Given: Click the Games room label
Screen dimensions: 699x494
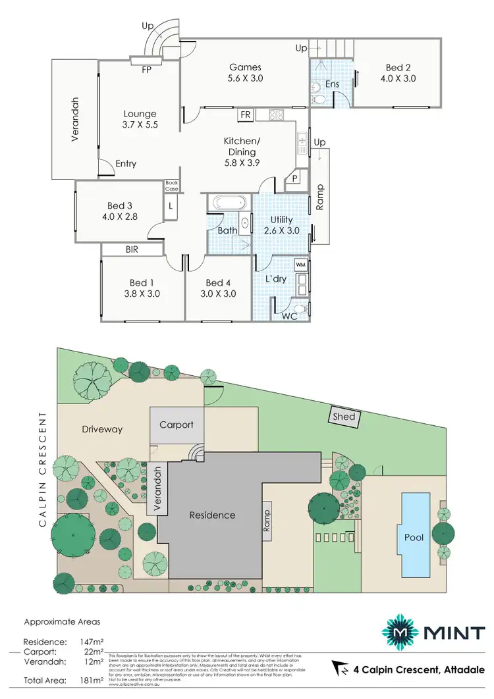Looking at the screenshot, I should [245, 66].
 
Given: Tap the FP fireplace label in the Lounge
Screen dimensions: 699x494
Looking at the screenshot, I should [147, 68].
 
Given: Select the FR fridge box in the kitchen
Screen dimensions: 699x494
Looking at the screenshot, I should [245, 115].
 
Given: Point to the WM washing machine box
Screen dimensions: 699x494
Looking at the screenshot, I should [301, 265].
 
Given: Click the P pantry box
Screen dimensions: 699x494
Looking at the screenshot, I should [293, 178].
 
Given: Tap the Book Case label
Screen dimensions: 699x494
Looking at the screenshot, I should [171, 186].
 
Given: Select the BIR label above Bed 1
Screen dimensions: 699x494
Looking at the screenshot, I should [132, 249].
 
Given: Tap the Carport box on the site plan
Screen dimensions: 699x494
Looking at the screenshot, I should [177, 425].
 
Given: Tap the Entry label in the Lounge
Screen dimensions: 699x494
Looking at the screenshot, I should [126, 163].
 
